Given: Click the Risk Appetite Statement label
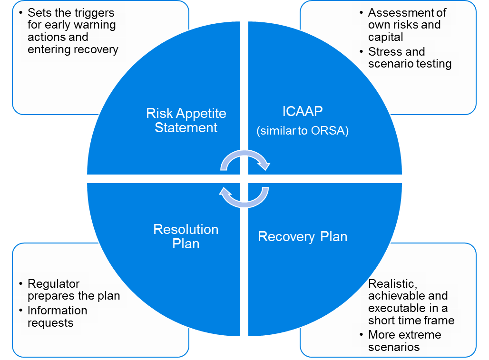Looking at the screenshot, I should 186,121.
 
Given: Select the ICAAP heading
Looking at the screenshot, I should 303,112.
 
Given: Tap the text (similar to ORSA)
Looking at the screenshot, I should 303,131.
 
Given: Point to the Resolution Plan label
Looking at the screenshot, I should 186,236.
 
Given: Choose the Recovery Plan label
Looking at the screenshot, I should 303,236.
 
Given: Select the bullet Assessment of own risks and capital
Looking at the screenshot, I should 407,25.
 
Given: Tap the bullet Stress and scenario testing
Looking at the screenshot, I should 410,58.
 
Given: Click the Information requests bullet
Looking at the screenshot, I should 57,316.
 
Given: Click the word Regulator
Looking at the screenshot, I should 53,284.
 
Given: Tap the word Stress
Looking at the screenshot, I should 383,51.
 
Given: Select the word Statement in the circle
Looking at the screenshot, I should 186,127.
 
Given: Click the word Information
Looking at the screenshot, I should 57,311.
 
